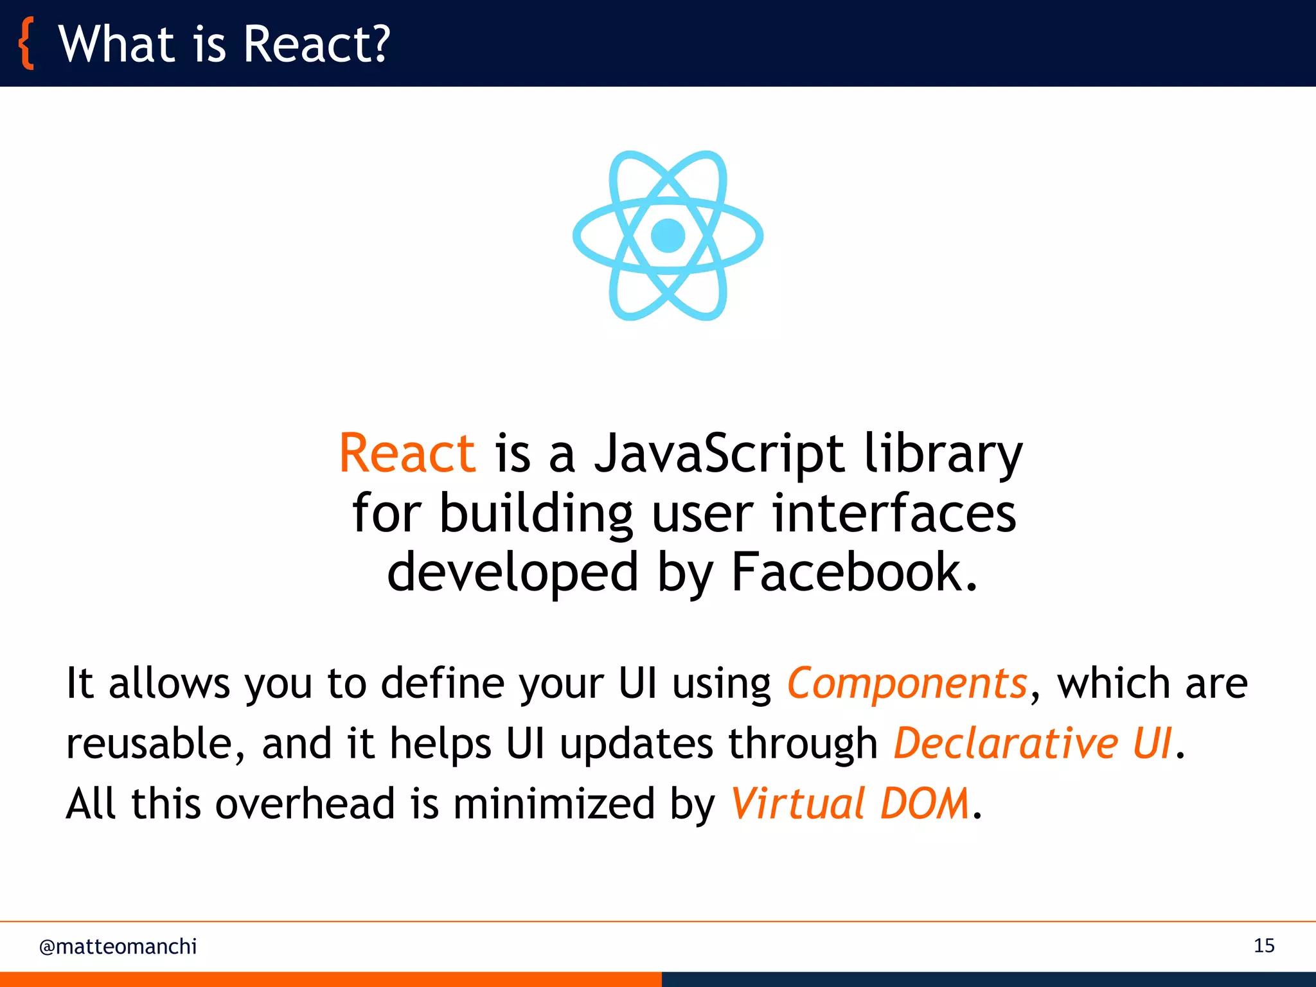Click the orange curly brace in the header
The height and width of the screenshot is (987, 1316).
pos(26,44)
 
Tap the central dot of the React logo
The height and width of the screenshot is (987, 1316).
pos(668,235)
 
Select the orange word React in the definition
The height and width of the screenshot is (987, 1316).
pos(407,453)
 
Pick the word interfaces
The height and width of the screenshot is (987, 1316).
pos(894,514)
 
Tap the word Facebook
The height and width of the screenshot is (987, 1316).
pos(854,572)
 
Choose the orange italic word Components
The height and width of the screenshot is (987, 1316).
pos(907,682)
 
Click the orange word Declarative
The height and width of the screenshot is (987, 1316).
pos(1006,743)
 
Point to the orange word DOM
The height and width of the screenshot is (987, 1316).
pos(925,803)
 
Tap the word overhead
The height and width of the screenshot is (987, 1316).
pos(305,803)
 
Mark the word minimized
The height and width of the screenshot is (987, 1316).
pos(554,803)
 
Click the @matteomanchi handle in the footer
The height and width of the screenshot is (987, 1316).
pos(118,947)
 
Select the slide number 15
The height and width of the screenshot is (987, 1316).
pos(1264,946)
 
